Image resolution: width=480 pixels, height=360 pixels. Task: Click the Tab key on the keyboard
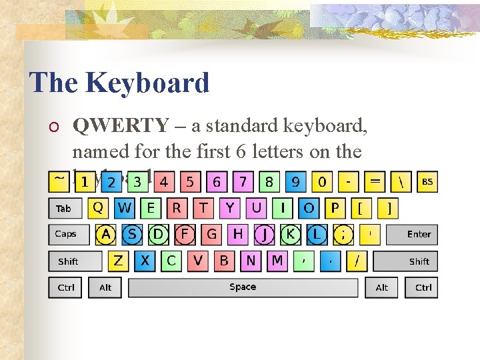(x=63, y=209)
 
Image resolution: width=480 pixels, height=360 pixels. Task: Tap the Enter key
(x=419, y=234)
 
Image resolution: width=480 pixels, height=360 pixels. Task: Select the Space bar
(x=243, y=287)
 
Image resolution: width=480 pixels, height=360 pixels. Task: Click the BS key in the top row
(x=427, y=181)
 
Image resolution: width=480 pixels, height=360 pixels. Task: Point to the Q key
(x=98, y=208)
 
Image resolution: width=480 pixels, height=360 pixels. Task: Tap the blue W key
(x=124, y=208)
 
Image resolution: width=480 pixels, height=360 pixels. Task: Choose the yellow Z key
(x=118, y=261)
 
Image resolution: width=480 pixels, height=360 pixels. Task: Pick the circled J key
(x=264, y=234)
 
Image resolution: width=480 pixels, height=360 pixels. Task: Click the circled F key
(x=185, y=234)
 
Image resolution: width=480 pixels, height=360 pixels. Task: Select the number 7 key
(x=243, y=181)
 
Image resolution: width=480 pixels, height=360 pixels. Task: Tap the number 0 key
(x=322, y=181)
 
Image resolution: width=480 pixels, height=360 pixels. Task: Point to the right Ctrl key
(x=423, y=287)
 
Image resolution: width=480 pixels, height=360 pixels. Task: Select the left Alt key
(x=105, y=287)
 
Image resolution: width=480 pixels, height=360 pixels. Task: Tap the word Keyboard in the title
(x=147, y=83)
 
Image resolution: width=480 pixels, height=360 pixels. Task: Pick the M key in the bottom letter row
(x=277, y=261)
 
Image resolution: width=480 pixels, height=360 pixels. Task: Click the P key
(x=335, y=208)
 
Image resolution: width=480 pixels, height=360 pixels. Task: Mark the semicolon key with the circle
(x=343, y=234)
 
